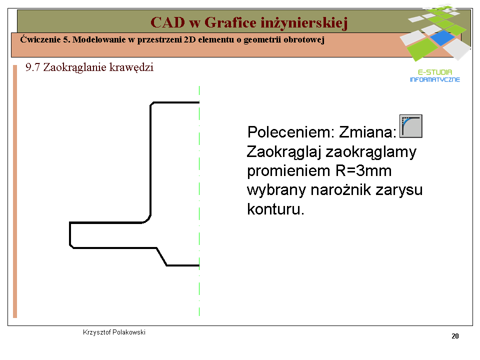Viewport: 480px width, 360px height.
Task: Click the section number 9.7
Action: click(x=33, y=67)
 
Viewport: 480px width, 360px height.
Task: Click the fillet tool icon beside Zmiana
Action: click(x=411, y=126)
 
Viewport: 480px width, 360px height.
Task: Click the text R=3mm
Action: click(x=363, y=170)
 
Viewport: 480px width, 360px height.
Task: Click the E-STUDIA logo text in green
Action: click(x=434, y=72)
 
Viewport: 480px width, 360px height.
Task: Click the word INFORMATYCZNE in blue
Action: click(x=434, y=79)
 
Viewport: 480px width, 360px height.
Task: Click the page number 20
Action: click(x=455, y=336)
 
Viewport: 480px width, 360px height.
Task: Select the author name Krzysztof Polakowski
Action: click(x=114, y=332)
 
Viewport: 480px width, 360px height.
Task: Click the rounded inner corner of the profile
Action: click(x=147, y=219)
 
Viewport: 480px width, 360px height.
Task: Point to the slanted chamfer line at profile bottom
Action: click(x=161, y=256)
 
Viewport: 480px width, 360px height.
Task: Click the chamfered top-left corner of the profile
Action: click(x=151, y=104)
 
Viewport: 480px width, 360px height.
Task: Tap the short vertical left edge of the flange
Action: click(x=70, y=233)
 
